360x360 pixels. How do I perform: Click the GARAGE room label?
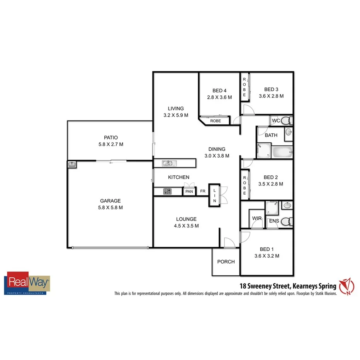[110, 201]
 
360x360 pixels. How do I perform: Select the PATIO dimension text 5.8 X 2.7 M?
[110, 144]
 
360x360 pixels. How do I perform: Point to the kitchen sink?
[168, 163]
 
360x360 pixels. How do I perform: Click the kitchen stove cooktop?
[168, 191]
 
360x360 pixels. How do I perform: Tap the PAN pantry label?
[189, 191]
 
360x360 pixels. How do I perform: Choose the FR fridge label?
[202, 191]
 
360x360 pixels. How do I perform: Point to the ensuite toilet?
[285, 222]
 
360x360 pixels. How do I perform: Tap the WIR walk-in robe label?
[257, 219]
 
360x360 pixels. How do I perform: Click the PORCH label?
[226, 262]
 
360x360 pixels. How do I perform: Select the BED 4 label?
[219, 91]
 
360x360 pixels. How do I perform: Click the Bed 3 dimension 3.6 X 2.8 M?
[271, 96]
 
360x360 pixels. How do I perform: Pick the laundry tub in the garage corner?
[72, 165]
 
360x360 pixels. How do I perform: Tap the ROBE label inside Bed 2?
[245, 185]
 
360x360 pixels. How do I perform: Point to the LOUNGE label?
[186, 219]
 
